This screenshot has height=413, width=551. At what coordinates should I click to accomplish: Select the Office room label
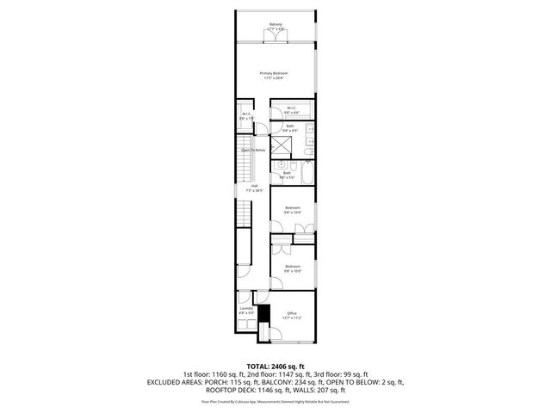pos(292,313)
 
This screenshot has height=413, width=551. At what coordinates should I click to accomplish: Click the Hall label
pos(255,187)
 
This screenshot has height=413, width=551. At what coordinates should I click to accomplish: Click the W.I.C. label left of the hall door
pos(245,115)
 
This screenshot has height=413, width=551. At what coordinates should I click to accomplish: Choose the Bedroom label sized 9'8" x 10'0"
pos(293,268)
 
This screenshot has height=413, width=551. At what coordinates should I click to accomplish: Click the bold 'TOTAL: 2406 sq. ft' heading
pos(275,366)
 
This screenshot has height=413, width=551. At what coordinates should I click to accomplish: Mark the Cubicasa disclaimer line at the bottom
pos(275,401)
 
